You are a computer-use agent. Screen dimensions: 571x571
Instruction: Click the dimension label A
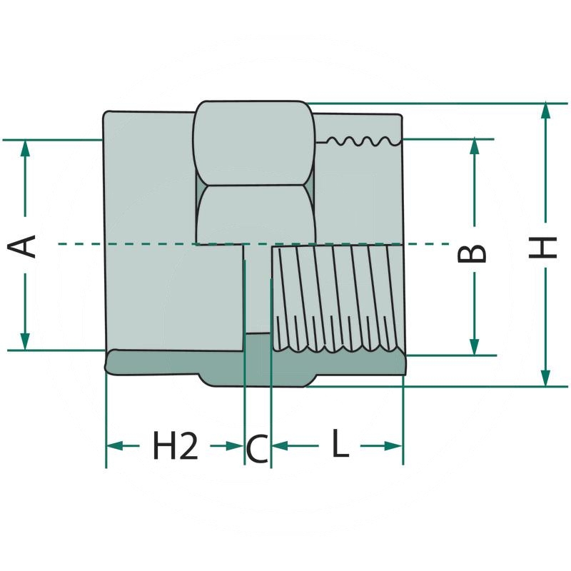25,246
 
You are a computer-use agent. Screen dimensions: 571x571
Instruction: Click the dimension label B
473,252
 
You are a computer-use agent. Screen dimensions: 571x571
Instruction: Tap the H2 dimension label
175,447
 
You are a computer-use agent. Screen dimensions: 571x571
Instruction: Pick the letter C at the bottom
257,449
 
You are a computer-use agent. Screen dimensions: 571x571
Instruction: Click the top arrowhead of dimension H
546,111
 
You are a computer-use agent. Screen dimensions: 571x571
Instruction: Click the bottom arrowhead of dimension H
546,378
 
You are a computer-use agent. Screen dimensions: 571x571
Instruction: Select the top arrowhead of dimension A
25,148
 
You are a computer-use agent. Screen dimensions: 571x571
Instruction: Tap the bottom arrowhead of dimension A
25,342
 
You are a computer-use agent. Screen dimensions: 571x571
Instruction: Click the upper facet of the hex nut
253,143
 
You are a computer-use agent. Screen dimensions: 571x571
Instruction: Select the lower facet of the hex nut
253,214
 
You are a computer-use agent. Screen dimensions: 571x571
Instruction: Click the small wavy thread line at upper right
360,141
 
